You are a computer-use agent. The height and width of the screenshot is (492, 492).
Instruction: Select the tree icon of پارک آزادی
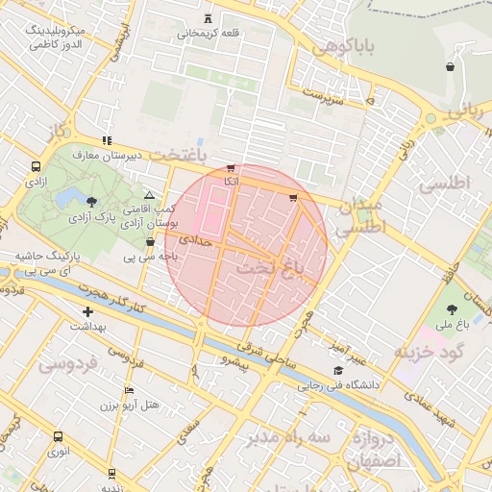pyautogui.click(x=91, y=201)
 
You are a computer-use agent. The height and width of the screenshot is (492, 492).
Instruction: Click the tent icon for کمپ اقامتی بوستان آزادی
pyautogui.click(x=149, y=195)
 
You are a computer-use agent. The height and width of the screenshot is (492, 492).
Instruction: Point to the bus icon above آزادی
pyautogui.click(x=36, y=165)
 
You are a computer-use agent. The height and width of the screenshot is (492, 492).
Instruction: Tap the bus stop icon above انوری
pyautogui.click(x=59, y=435)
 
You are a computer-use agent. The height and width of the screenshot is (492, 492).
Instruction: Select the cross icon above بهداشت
pyautogui.click(x=88, y=311)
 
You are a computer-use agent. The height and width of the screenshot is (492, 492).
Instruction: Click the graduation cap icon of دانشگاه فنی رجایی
pyautogui.click(x=337, y=371)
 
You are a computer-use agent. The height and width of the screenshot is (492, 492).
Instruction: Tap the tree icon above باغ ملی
pyautogui.click(x=452, y=309)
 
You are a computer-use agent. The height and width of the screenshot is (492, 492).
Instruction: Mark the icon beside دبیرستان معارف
pyautogui.click(x=107, y=140)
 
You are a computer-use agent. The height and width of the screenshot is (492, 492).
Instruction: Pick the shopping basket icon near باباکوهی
pyautogui.click(x=450, y=67)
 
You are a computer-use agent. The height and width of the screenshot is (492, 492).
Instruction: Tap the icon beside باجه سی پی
pyautogui.click(x=149, y=241)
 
